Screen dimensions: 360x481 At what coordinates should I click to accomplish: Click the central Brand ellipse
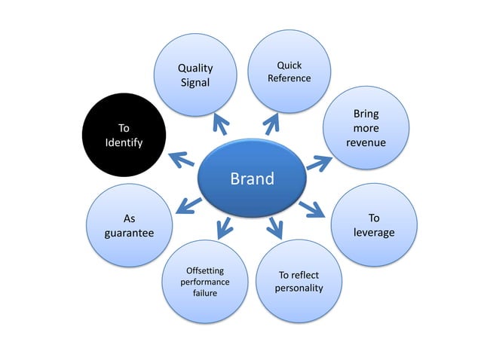coord(252,179)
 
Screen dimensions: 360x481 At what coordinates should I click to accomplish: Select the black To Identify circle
coord(123,136)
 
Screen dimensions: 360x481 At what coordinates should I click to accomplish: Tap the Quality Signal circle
coord(195,75)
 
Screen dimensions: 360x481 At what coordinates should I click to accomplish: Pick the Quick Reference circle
coord(289,72)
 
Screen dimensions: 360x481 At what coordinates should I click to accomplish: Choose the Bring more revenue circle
coord(366,128)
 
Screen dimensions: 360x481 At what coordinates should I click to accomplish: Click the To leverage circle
coord(374,225)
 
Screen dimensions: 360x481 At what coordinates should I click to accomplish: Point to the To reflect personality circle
coord(299,282)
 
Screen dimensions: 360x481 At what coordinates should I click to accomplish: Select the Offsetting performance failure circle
coord(205,281)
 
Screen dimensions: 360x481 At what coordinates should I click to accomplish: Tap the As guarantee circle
coord(129,226)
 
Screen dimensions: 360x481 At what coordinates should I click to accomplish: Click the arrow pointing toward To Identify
coord(181,159)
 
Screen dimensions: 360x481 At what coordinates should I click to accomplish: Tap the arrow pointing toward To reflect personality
coord(275,226)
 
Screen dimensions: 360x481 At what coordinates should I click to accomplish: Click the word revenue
coord(366,142)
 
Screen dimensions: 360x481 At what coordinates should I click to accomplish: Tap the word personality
coord(299,288)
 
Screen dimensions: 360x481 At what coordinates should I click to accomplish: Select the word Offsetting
coord(205,270)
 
